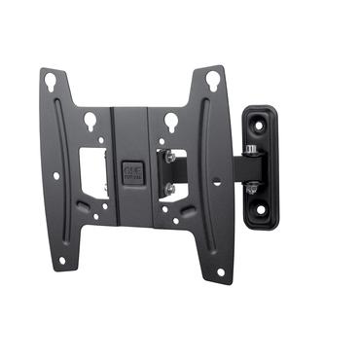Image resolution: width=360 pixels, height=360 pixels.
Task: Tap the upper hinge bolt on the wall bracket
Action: (250, 149)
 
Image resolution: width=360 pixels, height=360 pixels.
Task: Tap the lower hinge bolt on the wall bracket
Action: (250, 185)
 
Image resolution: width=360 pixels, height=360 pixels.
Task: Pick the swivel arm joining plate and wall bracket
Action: (216, 168)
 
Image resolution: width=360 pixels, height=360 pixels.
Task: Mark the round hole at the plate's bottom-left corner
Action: (62, 260)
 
